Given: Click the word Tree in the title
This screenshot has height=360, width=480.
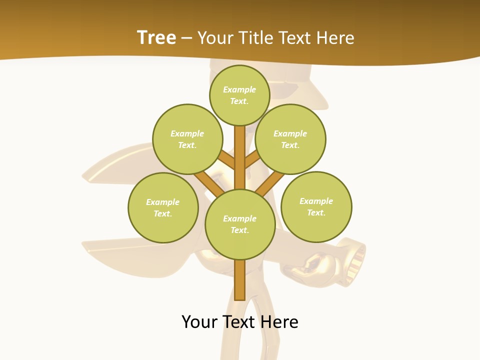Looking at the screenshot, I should pos(156,37).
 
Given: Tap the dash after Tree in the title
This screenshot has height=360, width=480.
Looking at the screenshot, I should pos(186,38).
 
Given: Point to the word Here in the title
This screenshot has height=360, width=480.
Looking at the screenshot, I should pos(336,38).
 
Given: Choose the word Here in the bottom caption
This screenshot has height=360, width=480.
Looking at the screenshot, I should pos(280,322).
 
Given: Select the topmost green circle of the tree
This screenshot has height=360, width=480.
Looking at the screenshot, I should pos(239,95).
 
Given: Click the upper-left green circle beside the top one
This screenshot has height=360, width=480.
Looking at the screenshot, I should pos(187,139).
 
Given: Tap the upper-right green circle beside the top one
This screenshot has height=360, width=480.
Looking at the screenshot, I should pos(290,139).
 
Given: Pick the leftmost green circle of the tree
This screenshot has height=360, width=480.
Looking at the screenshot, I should pos(163,207).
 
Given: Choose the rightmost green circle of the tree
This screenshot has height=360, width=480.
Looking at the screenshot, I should pos(316,206).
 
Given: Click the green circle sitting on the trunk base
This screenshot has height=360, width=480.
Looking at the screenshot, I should pos(240,224).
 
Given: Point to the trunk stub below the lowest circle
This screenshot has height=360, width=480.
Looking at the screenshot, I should pos(239,280).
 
